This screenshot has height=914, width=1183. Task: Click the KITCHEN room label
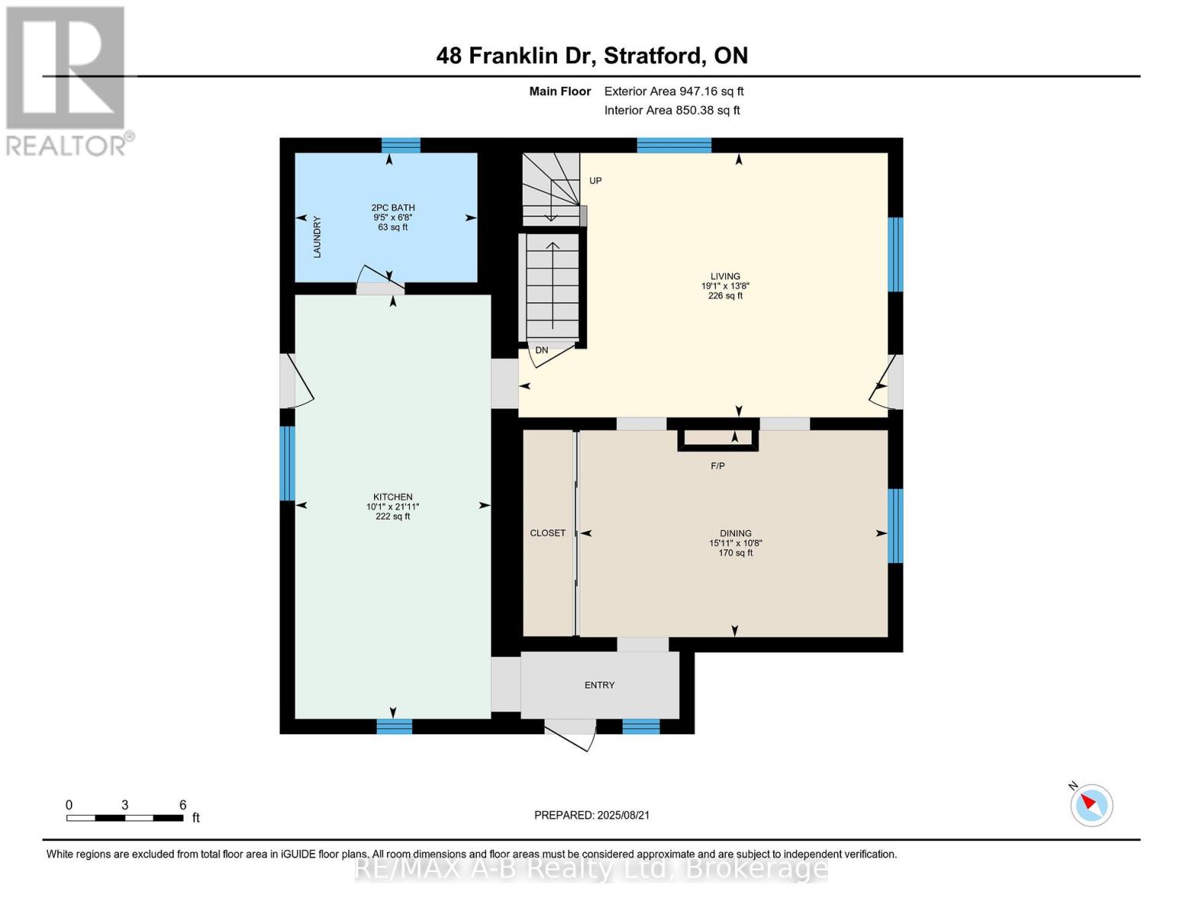(392, 497)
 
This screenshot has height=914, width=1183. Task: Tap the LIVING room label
(724, 276)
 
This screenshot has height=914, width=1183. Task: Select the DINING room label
(735, 533)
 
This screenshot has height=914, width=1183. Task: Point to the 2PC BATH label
(392, 207)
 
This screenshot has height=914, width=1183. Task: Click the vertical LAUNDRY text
(317, 237)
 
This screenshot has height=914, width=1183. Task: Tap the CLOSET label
(548, 533)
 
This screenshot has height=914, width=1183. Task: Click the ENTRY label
(599, 685)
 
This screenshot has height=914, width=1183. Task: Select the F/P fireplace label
(717, 465)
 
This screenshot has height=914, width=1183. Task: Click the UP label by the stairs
(595, 181)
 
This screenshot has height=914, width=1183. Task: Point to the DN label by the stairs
(542, 350)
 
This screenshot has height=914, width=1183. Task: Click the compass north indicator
(1091, 804)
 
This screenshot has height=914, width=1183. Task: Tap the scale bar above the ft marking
(124, 818)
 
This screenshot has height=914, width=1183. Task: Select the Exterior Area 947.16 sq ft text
(673, 91)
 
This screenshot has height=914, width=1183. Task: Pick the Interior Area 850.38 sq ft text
(672, 110)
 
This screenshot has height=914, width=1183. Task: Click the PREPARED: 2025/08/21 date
(592, 815)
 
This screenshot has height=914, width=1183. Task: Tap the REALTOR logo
(66, 80)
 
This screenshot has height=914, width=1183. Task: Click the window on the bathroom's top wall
(401, 145)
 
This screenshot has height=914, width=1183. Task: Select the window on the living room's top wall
(673, 145)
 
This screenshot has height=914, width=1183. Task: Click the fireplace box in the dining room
(718, 438)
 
